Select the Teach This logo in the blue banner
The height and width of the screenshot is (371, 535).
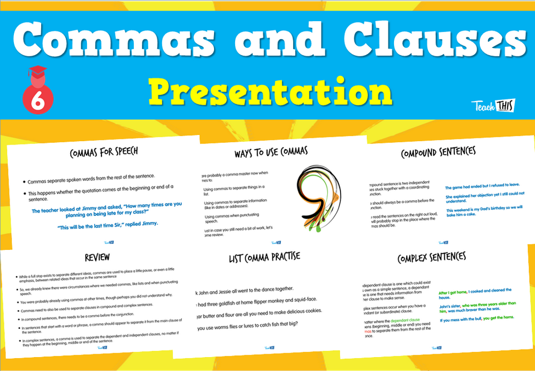pos(493,105)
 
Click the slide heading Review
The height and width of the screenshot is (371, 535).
pos(97,257)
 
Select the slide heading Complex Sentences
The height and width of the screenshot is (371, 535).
pos(431,258)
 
